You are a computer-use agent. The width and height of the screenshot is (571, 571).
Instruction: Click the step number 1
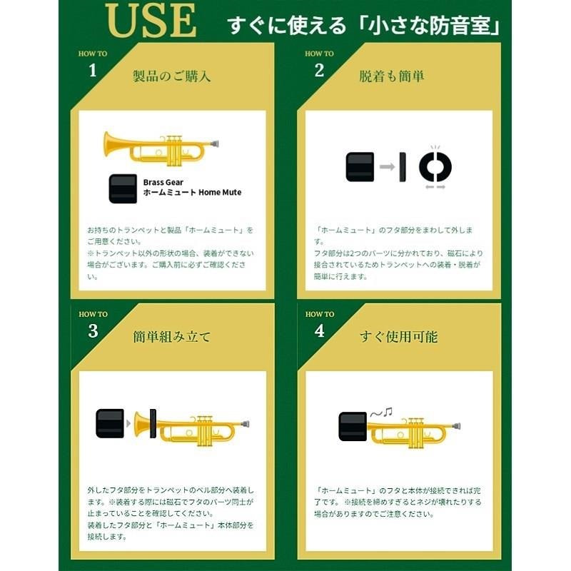92,70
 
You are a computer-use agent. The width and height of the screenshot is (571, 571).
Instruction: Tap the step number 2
319,70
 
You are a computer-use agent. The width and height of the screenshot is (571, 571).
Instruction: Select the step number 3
92,330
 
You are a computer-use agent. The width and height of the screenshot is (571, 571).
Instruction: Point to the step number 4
319,330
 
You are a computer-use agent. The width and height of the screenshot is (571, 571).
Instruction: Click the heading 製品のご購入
172,76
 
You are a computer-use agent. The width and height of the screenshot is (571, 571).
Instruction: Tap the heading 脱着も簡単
392,76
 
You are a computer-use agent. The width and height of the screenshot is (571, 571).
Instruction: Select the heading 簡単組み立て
172,336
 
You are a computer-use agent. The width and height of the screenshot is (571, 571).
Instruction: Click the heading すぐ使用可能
399,336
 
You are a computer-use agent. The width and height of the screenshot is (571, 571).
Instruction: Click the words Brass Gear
163,183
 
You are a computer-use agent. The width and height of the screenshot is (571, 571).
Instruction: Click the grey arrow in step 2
388,166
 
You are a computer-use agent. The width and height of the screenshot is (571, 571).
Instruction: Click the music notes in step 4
381,411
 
